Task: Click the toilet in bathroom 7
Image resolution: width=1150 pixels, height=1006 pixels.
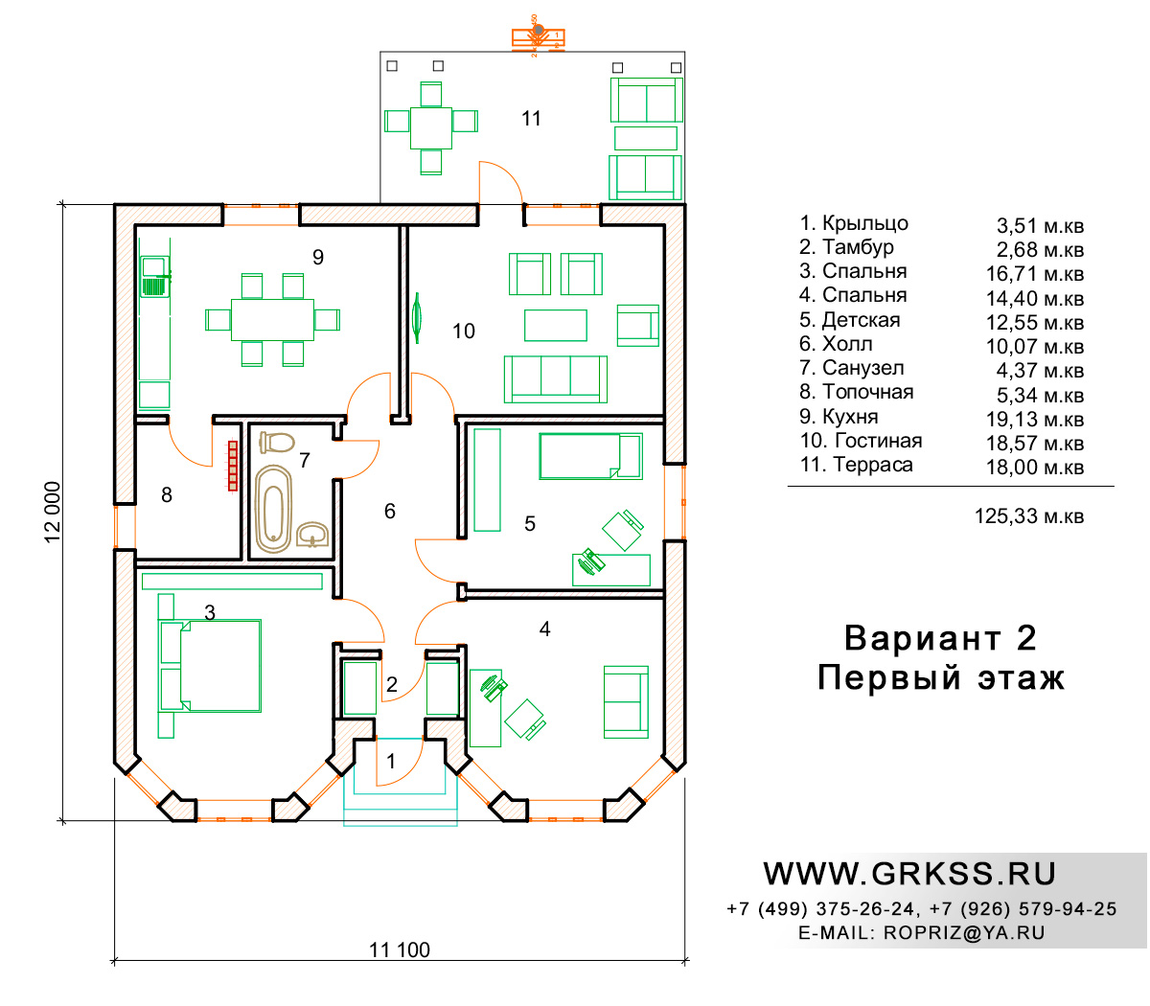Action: tap(277, 443)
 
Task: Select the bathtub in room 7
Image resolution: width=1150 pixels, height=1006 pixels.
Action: tap(273, 509)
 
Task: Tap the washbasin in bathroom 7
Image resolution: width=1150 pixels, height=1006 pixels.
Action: tap(312, 534)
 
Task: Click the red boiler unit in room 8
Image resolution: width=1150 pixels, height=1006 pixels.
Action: tap(232, 466)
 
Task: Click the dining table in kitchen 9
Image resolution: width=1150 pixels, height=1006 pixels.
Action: tap(272, 320)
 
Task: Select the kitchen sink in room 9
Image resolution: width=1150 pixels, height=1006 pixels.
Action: tap(155, 277)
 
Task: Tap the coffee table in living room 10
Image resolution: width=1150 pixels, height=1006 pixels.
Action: tap(555, 326)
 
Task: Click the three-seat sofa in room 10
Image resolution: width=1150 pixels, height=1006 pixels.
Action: tap(555, 378)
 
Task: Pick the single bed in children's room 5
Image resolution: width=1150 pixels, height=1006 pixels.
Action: tap(590, 456)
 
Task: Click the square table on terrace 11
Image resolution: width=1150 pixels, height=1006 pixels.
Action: tap(430, 128)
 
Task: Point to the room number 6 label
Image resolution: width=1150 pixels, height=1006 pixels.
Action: tap(389, 511)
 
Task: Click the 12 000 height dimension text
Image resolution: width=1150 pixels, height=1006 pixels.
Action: tap(53, 512)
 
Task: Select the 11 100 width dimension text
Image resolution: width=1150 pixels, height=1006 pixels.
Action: tap(399, 949)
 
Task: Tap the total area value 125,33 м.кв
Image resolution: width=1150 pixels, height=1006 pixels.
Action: tap(1028, 515)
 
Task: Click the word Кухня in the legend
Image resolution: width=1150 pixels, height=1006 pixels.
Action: tap(850, 417)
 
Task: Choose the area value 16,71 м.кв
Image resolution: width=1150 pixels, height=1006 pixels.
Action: tap(1034, 274)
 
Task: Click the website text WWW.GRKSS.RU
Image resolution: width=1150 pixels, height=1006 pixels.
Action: tap(909, 874)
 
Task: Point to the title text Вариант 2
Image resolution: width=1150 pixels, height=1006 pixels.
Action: tap(940, 638)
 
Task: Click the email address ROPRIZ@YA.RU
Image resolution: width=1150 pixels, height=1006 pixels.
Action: tap(964, 933)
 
